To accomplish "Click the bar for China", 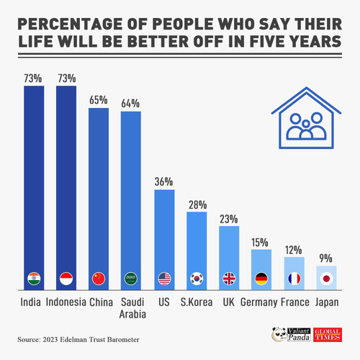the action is tap(99, 199).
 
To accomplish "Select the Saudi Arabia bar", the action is tap(131, 201).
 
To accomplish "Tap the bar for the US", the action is tap(164, 240).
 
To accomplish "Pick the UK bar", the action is tap(229, 258).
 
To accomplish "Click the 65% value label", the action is tap(99, 100).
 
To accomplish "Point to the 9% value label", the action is tap(325, 258).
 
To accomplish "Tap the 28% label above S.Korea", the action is tap(197, 204).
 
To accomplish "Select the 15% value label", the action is tap(260, 243).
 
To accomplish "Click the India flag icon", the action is tap(34, 279).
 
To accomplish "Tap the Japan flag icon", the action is tap(326, 279).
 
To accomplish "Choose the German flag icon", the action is tap(261, 279).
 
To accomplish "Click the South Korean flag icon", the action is tap(197, 279).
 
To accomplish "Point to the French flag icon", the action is tap(294, 279).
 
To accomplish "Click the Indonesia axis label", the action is tap(66, 302).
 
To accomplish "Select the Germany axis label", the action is tap(259, 302).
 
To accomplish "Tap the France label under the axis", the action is tap(295, 302).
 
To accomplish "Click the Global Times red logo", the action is tap(328, 335).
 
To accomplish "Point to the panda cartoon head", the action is tap(279, 334).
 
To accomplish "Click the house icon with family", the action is tap(306, 118).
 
